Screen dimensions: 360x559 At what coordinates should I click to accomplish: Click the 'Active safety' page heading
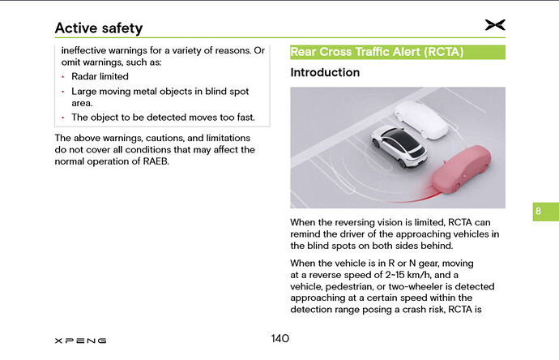(x=98, y=28)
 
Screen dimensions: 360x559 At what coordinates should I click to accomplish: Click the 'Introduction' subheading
(x=325, y=73)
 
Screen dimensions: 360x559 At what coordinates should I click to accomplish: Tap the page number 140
(x=279, y=338)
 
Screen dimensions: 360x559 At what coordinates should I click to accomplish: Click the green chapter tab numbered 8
(x=539, y=212)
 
